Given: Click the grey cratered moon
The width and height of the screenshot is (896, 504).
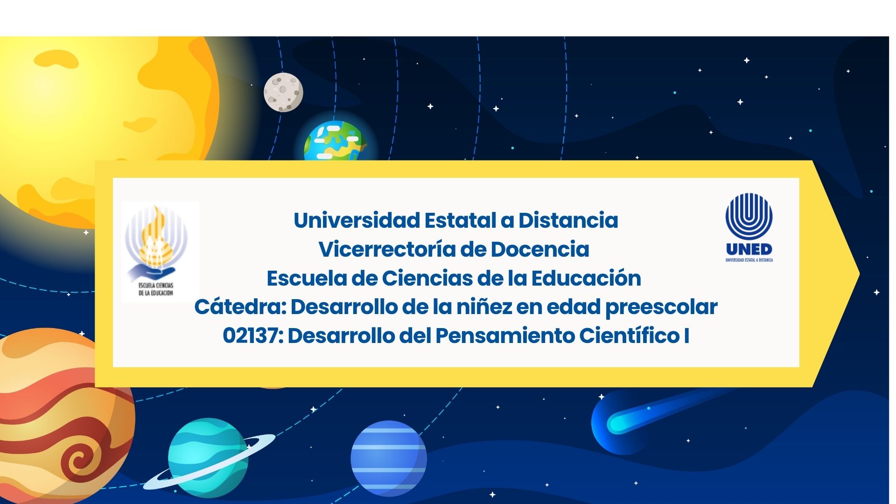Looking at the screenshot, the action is coord(283,92).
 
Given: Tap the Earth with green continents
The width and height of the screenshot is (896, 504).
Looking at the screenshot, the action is coord(334,140).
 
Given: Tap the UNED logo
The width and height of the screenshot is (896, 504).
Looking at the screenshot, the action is coord(749,227).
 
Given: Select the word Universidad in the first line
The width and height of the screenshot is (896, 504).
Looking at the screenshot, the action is coord(357,220).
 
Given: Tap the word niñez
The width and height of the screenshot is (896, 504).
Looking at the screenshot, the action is coord(483,307).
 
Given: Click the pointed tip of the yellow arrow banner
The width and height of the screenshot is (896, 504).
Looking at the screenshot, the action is coord(859,274).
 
